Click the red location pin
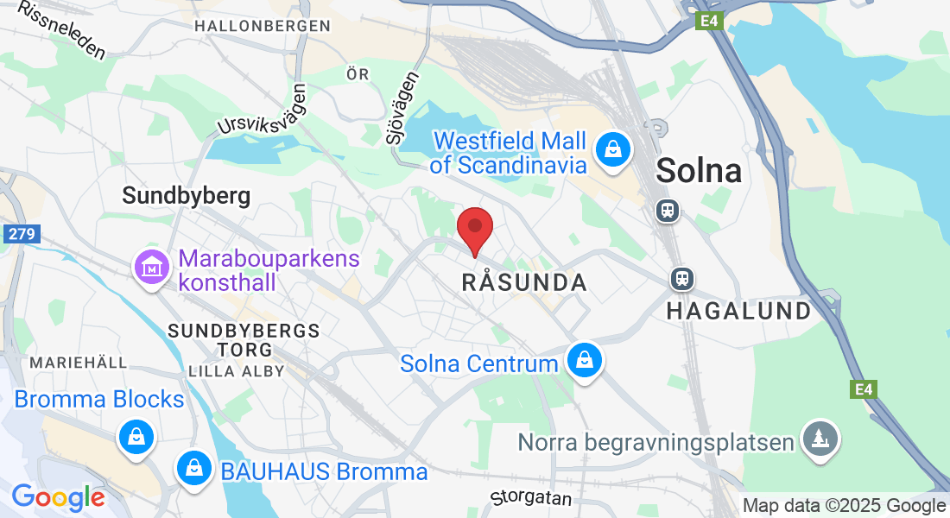coord(474,228)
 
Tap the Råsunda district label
coord(524,282)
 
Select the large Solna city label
coord(699,170)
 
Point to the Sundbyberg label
coord(187,196)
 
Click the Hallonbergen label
coord(263,26)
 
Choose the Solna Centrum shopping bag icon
coord(585,360)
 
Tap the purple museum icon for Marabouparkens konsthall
coord(152,268)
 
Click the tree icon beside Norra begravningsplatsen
coord(818,439)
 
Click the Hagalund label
coord(738,311)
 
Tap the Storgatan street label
coord(531,498)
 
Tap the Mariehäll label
coord(78,362)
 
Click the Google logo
coord(58,498)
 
